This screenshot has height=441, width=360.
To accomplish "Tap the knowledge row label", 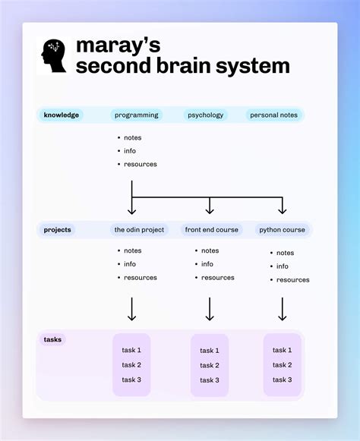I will click(62, 115).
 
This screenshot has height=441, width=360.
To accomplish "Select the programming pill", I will click(137, 115).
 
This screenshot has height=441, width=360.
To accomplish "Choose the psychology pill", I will click(205, 115).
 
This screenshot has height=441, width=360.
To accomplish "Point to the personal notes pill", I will click(273, 115).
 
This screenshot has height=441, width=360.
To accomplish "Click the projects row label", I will click(58, 229).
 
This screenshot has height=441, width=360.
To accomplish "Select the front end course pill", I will click(211, 229).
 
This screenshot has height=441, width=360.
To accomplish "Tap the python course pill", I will click(282, 229).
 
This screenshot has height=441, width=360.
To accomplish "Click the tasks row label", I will click(53, 339).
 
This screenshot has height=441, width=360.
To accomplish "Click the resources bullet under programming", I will click(140, 164).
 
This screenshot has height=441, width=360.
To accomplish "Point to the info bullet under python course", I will click(282, 266).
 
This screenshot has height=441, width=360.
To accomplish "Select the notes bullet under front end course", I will click(209, 250).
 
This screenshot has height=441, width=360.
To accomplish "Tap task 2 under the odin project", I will click(131, 365).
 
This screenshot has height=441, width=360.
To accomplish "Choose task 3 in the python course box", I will click(283, 380).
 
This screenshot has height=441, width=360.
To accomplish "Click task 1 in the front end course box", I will click(210, 351).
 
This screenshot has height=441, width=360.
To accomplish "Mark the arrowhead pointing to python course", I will click(282, 210).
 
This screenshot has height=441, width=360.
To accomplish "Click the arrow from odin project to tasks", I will click(132, 309).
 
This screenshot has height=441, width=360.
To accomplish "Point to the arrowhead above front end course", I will click(210, 210).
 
